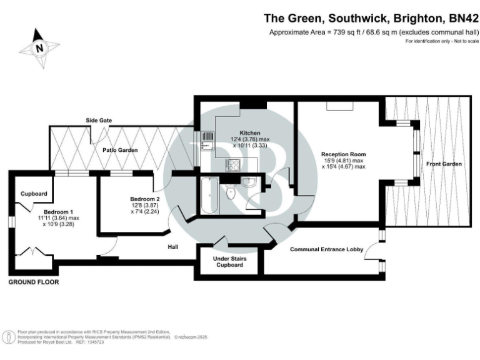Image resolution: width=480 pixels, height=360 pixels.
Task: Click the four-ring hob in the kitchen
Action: [234, 165]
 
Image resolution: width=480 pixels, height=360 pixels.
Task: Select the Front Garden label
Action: [444, 164]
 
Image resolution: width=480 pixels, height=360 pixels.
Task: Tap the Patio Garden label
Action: [116, 150]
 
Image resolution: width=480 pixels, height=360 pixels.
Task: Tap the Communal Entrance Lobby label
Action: [326, 249]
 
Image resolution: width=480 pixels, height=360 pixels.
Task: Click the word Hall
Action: [173, 247]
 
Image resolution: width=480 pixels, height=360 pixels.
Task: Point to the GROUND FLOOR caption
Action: [33, 282]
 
